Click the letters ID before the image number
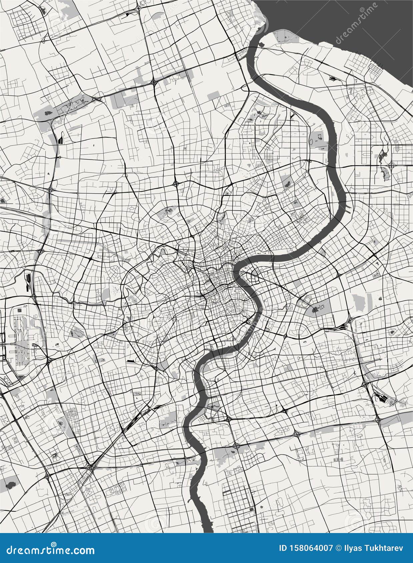tap(282, 548)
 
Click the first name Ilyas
tap(352, 548)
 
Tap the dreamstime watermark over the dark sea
tap(357, 23)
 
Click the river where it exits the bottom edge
tap(207, 528)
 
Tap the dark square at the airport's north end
tap(20, 310)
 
